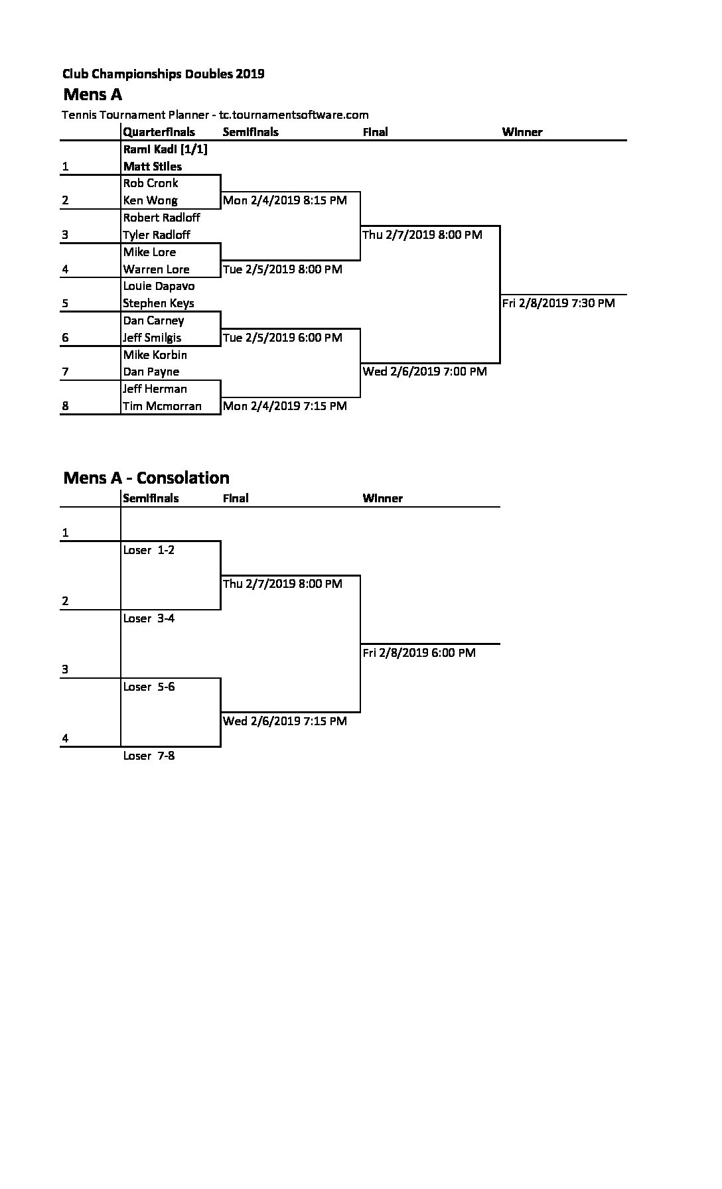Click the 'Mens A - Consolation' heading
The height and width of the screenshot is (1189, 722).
(146, 478)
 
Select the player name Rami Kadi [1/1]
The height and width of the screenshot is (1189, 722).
(165, 149)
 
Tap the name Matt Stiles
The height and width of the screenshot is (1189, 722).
(153, 167)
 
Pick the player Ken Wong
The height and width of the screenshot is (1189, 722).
(150, 200)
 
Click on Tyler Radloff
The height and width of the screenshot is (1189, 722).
(157, 235)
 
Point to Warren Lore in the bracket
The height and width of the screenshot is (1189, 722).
(156, 269)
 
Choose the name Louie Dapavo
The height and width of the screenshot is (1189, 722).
(159, 287)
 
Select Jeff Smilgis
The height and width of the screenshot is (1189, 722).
(152, 338)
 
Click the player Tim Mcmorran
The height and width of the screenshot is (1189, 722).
(162, 406)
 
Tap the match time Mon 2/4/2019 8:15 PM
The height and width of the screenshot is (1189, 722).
(285, 200)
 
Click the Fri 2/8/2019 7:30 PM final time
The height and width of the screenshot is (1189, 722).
(559, 303)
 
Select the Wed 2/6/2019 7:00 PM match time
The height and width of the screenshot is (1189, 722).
(425, 372)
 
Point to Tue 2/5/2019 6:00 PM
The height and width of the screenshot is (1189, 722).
(283, 338)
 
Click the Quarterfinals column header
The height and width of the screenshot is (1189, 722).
(159, 132)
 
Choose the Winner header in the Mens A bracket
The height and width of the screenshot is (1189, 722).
(522, 132)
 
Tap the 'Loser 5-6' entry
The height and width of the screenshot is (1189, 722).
(149, 687)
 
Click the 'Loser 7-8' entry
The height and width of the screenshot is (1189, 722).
(149, 756)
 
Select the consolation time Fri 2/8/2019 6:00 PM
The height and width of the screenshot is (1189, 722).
(419, 653)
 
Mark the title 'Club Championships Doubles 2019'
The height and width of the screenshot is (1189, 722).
(163, 74)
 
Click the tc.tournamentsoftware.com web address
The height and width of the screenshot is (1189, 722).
(294, 115)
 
